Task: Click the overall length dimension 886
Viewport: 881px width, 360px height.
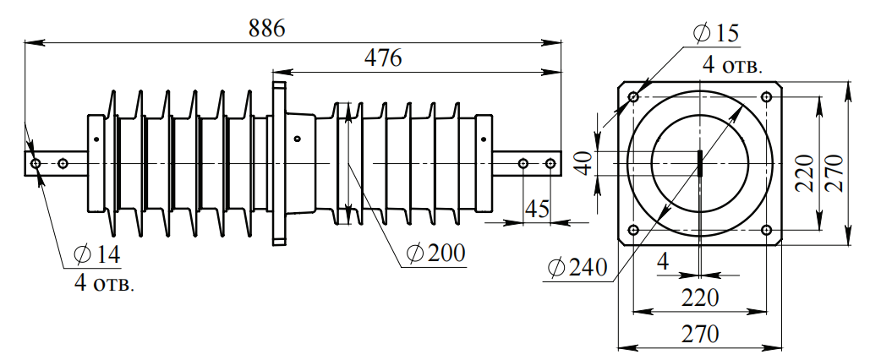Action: coord(267,27)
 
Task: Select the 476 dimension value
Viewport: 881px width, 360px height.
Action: coord(382,58)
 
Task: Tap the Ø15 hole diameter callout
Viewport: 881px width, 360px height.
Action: coord(715,34)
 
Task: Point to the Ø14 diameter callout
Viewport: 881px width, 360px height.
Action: coord(98,254)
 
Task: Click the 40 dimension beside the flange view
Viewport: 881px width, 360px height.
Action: coord(583,163)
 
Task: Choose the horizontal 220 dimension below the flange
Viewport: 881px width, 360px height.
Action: coord(700,297)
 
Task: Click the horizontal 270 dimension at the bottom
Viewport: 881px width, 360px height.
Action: coord(700,333)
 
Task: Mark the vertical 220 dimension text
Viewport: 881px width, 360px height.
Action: coord(804,172)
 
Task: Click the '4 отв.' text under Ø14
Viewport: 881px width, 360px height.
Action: coord(104,283)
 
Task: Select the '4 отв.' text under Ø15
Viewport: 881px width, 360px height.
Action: coord(733,65)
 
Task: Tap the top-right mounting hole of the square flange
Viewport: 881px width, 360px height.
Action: coord(766,97)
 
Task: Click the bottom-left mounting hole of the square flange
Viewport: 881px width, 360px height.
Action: coord(633,229)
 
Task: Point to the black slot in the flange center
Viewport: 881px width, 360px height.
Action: coord(700,162)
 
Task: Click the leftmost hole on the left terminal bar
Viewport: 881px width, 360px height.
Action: coord(35,162)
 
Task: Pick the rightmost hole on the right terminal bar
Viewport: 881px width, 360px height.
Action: coord(550,162)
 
